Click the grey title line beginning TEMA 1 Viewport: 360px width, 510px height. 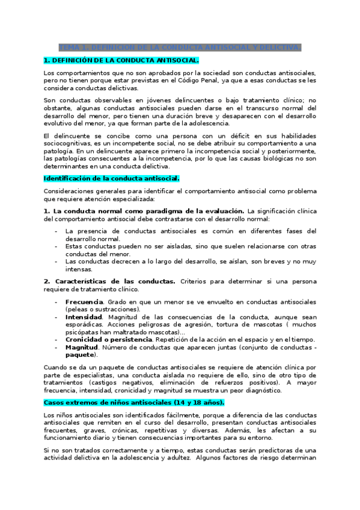(x=180, y=48)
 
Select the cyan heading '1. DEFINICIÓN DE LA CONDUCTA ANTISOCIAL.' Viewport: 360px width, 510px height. (x=121, y=61)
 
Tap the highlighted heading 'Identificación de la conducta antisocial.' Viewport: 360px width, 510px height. (x=112, y=179)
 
